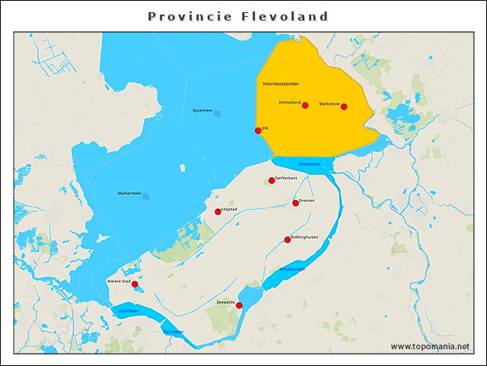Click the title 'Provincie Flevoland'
[x=238, y=16]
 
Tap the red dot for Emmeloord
[x=305, y=105]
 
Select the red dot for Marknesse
[x=344, y=107]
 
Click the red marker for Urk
[x=258, y=131]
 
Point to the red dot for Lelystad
[x=218, y=212]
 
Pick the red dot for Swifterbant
[x=272, y=181]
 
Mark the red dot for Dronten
[x=296, y=203]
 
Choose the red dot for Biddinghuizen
[x=288, y=240]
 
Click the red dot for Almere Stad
[x=135, y=284]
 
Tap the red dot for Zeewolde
[x=239, y=306]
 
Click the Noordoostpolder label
[x=281, y=82]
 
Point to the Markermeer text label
[x=129, y=194]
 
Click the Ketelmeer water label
[x=310, y=164]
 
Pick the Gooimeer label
[x=128, y=311]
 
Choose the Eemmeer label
[x=173, y=332]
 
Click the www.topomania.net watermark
[x=430, y=347]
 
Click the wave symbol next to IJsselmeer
[x=217, y=113]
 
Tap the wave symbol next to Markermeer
[x=145, y=195]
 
